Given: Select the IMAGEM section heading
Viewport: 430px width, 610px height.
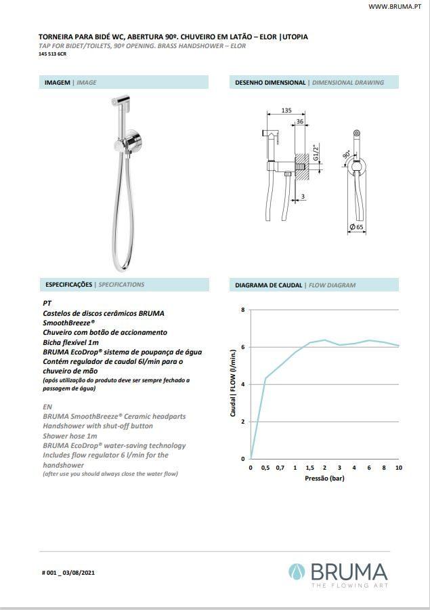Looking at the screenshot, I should point(58,83).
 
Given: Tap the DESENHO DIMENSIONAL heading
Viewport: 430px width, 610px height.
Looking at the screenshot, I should point(270,83).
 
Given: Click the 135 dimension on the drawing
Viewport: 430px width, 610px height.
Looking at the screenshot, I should point(286,110).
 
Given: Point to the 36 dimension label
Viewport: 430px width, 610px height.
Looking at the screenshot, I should point(299,122).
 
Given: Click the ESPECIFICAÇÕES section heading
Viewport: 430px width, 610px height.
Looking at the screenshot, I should point(68,285).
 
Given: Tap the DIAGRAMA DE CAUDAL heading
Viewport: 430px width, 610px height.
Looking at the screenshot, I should point(269,285).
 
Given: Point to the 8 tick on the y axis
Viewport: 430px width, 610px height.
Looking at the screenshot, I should point(243,310).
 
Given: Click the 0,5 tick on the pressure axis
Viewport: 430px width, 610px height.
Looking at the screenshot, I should point(265,468).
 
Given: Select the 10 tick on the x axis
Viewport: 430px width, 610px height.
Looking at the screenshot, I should point(399,468).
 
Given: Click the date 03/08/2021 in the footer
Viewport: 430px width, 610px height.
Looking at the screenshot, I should point(81,573).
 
